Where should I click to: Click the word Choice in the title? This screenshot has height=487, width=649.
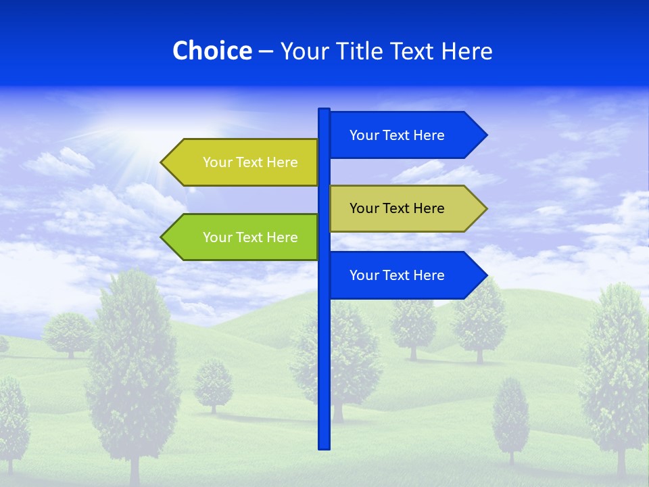point(212,51)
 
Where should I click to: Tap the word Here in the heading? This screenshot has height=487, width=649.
point(467,51)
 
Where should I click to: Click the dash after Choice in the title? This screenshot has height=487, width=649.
point(266,51)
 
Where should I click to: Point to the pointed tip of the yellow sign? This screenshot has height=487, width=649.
point(163,162)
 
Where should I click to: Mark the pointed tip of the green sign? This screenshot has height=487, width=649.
point(163,237)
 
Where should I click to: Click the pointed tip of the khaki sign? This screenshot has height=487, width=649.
point(485,208)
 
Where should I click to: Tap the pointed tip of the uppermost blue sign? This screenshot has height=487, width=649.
point(485,135)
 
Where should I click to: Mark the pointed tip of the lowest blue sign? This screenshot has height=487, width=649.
point(485,275)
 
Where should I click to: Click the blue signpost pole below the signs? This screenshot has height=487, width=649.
point(324,379)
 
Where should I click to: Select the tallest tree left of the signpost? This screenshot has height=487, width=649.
point(132,365)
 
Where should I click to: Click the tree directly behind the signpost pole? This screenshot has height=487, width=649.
point(345,358)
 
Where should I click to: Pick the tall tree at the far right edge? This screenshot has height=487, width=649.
point(615,372)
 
